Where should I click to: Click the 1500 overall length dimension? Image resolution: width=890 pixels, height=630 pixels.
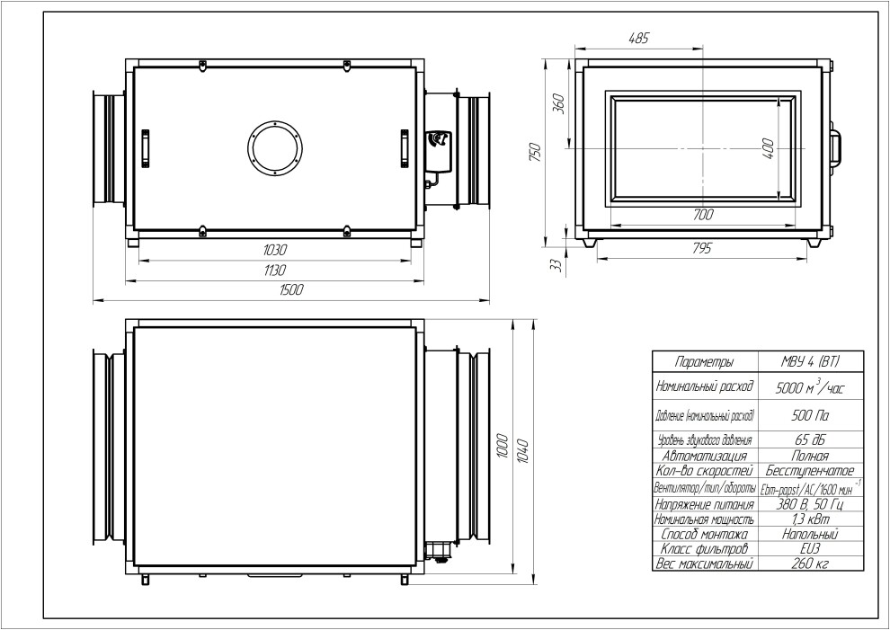pos(292,289)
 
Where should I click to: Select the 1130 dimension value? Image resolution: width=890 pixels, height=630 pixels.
pos(275,271)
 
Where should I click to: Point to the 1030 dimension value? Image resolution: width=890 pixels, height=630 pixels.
pos(275,250)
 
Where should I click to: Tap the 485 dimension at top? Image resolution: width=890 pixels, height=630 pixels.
pos(638,39)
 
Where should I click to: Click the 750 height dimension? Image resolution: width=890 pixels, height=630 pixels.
pos(535,152)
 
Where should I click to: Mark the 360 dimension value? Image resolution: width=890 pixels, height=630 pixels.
pos(558,102)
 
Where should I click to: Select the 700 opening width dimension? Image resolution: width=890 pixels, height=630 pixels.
pos(703,215)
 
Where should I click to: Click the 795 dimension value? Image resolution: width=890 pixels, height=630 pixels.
pos(702,249)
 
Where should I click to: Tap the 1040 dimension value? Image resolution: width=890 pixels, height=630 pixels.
pos(523,451)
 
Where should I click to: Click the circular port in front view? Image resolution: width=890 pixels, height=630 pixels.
pos(275,148)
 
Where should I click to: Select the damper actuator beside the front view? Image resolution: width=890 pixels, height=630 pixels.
pos(438,151)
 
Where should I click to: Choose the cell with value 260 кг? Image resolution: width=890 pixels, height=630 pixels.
pos(811,564)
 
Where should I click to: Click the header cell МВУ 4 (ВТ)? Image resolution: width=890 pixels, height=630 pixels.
pos(811,361)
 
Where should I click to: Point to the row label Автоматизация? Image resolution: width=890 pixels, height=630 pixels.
pos(705,456)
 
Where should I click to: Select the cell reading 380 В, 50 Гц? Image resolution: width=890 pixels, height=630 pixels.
pos(811,504)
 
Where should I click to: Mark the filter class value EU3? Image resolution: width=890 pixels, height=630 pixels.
pos(811,549)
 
